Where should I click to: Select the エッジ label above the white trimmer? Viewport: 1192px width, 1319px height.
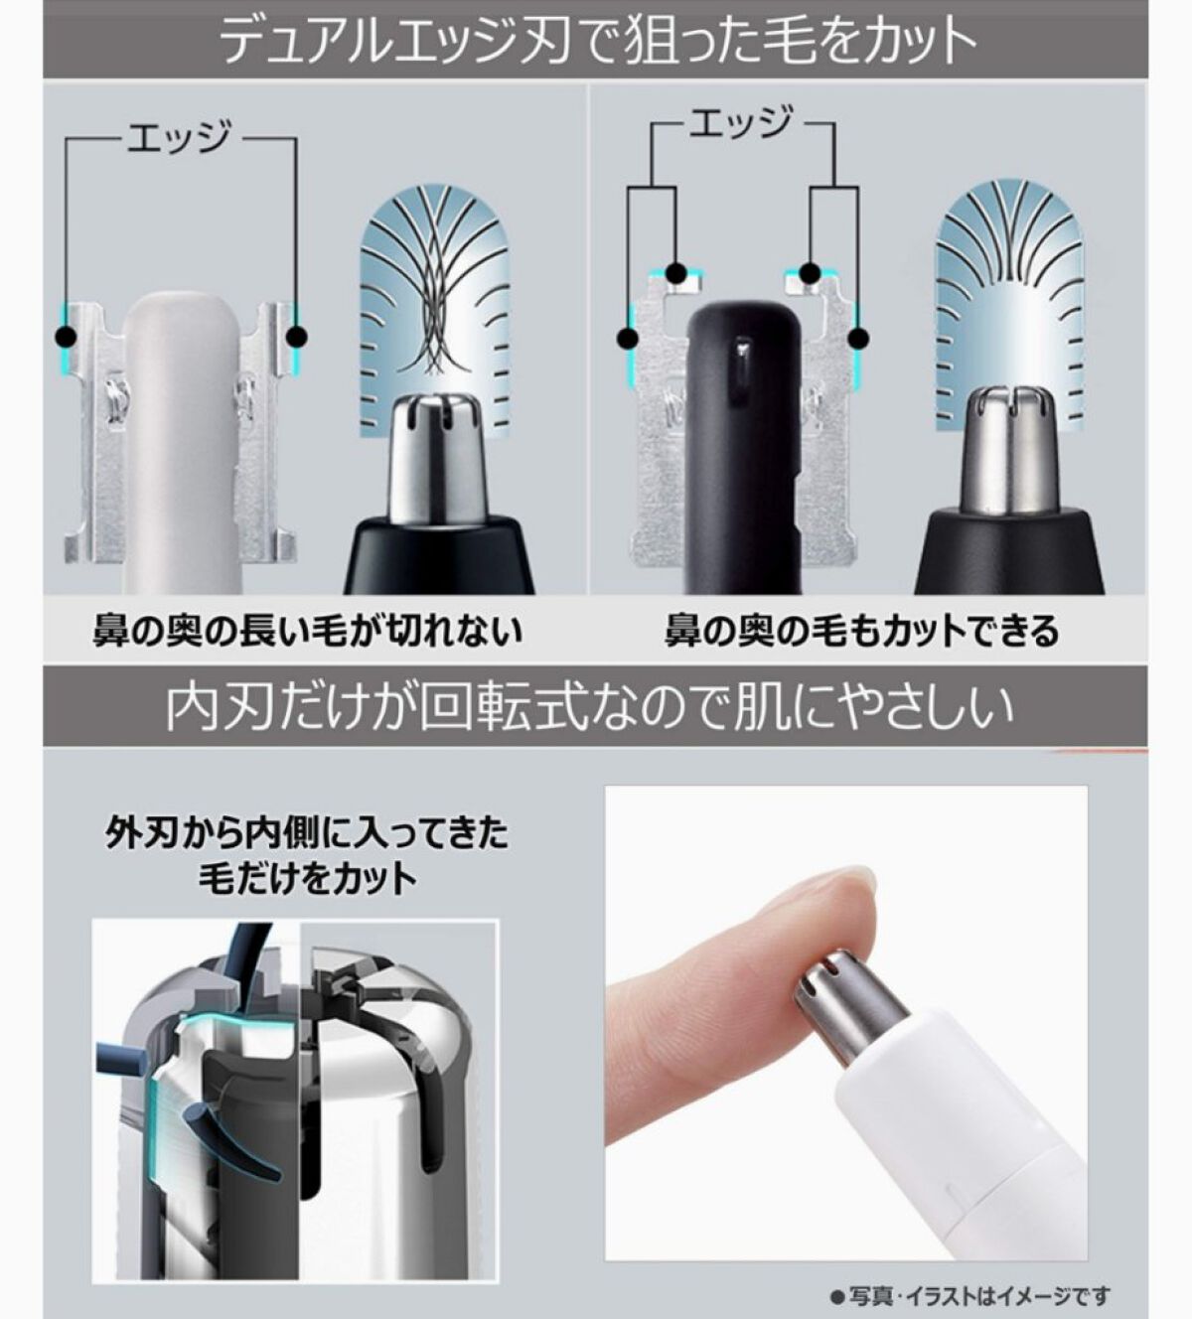pos(179,137)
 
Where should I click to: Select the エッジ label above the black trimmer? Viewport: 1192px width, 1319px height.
pos(740,123)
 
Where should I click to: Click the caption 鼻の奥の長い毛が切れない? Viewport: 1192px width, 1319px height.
pos(307,630)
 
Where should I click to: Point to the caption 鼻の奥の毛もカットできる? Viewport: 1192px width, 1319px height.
pos(862,630)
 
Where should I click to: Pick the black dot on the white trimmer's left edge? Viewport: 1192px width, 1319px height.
pos(66,338)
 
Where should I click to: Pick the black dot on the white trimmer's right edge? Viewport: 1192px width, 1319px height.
pos(297,338)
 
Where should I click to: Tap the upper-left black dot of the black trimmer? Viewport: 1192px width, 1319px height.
pos(676,272)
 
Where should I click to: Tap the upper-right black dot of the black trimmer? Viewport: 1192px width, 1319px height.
pos(811,272)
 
